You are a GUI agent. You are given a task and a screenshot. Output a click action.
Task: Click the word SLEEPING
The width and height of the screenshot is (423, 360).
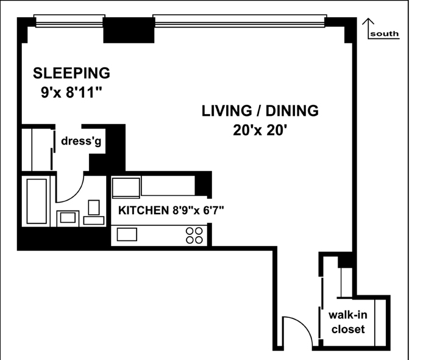[x=71, y=73]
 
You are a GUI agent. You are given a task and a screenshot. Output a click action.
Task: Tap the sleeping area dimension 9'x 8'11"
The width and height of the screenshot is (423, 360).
[x=71, y=92]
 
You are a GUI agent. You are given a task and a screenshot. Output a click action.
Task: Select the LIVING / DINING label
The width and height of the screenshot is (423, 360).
[x=260, y=110]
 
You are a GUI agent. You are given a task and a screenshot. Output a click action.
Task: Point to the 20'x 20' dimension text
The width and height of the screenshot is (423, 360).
[x=260, y=131]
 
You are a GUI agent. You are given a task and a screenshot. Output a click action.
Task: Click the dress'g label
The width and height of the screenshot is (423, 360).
[x=81, y=141]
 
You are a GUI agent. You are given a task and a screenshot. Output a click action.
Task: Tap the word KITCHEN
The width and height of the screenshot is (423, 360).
[x=143, y=211]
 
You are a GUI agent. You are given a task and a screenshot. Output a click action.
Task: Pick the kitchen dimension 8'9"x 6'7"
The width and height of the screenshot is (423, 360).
[x=198, y=210]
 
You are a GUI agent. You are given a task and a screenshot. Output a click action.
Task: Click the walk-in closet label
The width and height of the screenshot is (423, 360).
[x=348, y=322]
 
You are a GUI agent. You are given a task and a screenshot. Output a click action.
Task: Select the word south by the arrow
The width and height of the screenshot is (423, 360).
[x=385, y=34]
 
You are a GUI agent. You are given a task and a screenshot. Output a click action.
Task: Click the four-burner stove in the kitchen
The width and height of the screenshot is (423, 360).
[x=194, y=236]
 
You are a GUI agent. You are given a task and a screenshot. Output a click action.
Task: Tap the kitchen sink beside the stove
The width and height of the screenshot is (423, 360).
[x=127, y=234]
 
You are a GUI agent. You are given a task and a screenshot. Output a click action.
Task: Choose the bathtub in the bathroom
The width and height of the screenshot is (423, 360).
[x=37, y=201]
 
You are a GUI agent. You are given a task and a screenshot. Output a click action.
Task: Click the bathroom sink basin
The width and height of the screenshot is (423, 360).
[x=68, y=218]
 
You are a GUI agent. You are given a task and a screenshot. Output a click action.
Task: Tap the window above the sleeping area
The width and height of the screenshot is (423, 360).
[x=69, y=21]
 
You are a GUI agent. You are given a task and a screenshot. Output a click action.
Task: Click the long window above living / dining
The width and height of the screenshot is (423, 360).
[x=240, y=21]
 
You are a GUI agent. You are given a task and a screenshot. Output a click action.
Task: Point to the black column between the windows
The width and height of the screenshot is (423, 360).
[x=129, y=30]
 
